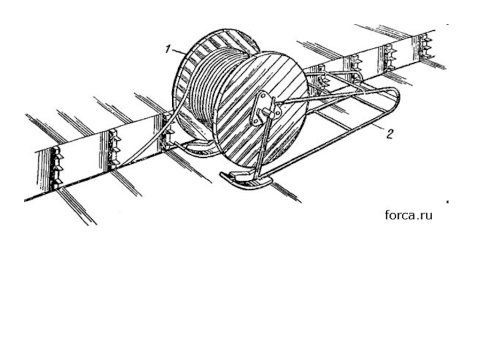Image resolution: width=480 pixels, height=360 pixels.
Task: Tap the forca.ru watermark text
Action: [409, 214]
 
